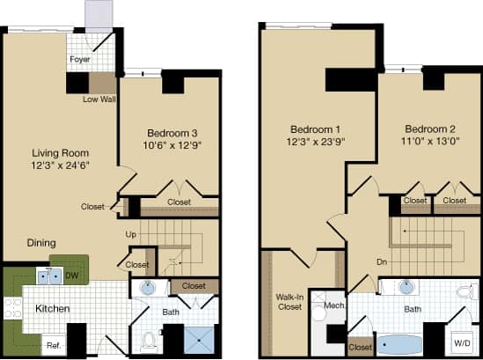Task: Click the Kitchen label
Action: tap(52, 308)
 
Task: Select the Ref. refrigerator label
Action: tap(53, 344)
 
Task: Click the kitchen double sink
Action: tap(48, 276)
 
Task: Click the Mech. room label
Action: tap(334, 306)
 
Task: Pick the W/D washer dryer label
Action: tap(460, 342)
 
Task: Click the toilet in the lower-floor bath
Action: tap(149, 339)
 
